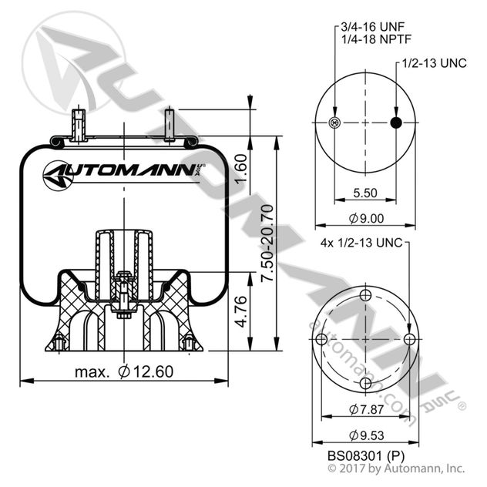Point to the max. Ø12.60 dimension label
point(124,371)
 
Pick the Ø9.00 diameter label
point(365,218)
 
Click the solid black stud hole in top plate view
point(396,123)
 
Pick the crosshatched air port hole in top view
point(334,123)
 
